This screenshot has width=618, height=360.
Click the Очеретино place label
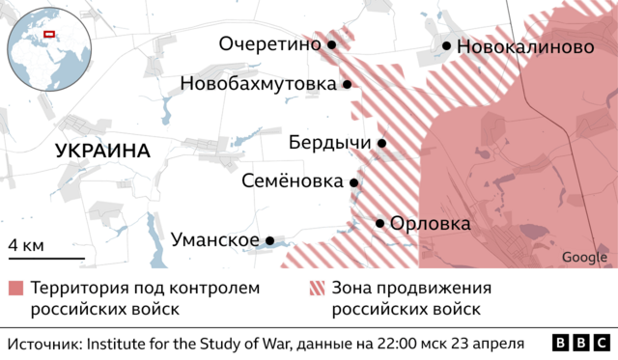click(x=269, y=44)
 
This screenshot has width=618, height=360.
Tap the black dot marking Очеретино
click(x=331, y=44)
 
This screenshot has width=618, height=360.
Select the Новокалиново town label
click(x=524, y=46)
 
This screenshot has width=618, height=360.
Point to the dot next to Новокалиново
click(x=447, y=45)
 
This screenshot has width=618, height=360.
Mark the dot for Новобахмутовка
click(x=346, y=85)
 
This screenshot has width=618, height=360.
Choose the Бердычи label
click(x=330, y=144)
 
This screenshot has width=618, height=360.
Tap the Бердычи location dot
click(x=381, y=144)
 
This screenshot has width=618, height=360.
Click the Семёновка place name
click(x=292, y=182)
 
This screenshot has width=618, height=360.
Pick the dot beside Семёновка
click(x=353, y=182)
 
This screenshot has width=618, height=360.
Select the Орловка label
click(x=431, y=224)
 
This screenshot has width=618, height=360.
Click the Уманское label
click(x=214, y=240)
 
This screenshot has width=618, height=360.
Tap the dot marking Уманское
click(x=270, y=240)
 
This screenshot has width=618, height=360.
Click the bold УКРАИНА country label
click(x=103, y=152)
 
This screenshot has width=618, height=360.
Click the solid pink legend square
click(x=15, y=289)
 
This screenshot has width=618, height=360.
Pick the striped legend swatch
click(x=316, y=289)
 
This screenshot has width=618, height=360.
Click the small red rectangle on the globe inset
click(x=50, y=38)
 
